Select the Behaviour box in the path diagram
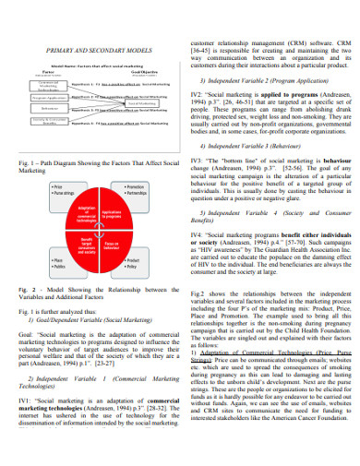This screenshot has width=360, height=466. click(36, 108)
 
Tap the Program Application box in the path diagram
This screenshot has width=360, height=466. click(36, 95)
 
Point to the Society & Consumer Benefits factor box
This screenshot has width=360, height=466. click(36, 121)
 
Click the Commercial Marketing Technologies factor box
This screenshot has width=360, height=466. click(36, 82)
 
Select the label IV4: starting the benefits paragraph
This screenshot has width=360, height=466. click(198, 236)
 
